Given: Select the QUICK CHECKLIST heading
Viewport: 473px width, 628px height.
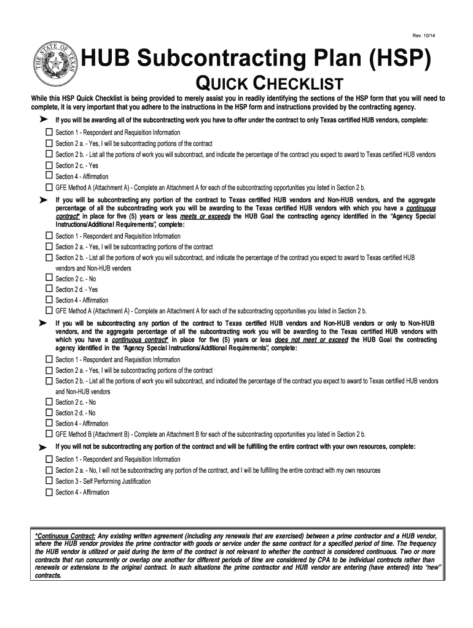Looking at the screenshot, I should click(x=268, y=85).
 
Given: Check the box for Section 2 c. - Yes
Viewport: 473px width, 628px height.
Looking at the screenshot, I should click(x=49, y=165).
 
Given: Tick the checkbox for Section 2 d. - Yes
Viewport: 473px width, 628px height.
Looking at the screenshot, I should click(x=49, y=289).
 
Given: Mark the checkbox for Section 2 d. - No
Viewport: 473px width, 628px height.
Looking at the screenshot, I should click(x=49, y=412).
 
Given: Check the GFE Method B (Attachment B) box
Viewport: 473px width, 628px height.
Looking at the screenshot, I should click(x=49, y=434).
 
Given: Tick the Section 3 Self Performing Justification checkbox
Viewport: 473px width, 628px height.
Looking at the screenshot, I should click(x=49, y=481).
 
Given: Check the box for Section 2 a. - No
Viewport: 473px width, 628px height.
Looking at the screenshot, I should click(x=49, y=470).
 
